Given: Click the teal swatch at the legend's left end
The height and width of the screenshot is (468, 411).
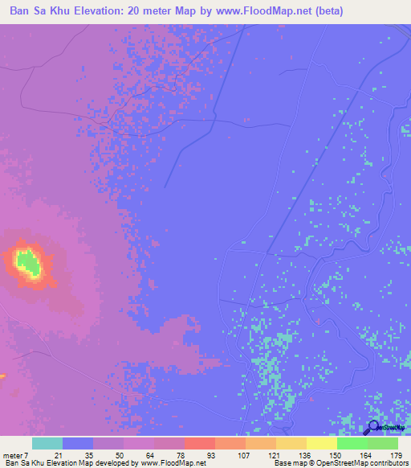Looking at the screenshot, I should pos(47,443).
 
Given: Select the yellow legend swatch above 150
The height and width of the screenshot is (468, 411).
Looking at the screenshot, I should pos(321,443).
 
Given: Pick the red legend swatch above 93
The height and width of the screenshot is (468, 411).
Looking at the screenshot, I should pos(199,443).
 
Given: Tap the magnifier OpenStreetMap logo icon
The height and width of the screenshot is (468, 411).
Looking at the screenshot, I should pos(372,428).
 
